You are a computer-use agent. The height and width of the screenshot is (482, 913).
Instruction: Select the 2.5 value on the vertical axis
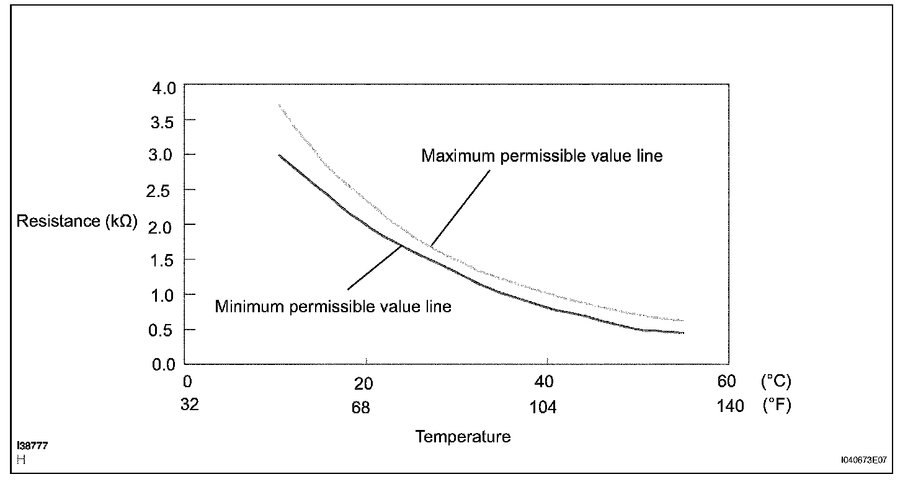click(164, 190)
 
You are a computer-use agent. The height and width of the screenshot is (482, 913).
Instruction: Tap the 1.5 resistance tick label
click(164, 260)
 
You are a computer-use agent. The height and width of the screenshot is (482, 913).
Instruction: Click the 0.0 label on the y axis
click(164, 364)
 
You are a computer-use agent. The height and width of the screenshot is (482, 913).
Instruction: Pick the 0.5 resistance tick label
click(164, 330)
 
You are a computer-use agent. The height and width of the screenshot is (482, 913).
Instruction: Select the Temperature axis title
click(463, 437)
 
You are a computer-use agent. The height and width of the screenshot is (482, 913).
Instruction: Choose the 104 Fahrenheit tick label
click(543, 408)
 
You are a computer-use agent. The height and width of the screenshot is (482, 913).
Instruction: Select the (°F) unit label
click(775, 406)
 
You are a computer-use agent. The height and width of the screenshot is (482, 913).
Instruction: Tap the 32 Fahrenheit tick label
click(190, 405)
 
